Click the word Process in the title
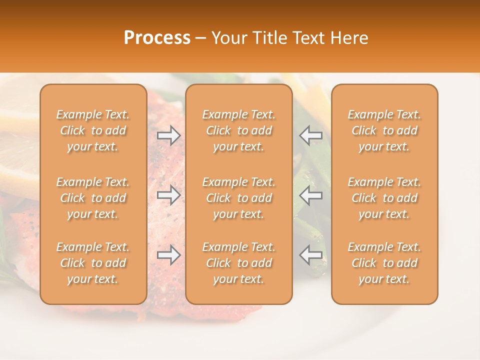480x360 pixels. pyautogui.click(x=157, y=38)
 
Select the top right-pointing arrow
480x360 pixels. pyautogui.click(x=168, y=135)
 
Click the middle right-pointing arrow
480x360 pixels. pyautogui.click(x=168, y=195)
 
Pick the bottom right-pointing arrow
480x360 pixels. pyautogui.click(x=168, y=255)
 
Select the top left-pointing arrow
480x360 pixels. pyautogui.click(x=311, y=135)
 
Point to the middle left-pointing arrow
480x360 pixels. pyautogui.click(x=311, y=195)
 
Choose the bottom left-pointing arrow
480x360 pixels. pyautogui.click(x=311, y=255)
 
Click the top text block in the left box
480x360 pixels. pyautogui.click(x=93, y=130)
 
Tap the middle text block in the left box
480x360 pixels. pyautogui.click(x=93, y=198)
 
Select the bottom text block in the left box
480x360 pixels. pyautogui.click(x=93, y=263)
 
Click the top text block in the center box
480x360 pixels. pyautogui.click(x=239, y=130)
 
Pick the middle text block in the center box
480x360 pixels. pyautogui.click(x=239, y=198)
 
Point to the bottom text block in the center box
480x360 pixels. pyautogui.click(x=239, y=263)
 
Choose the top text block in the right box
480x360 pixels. pyautogui.click(x=384, y=130)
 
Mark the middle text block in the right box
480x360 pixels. pyautogui.click(x=384, y=198)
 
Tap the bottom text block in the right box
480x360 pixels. pyautogui.click(x=384, y=263)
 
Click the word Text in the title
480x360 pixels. pyautogui.click(x=310, y=38)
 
